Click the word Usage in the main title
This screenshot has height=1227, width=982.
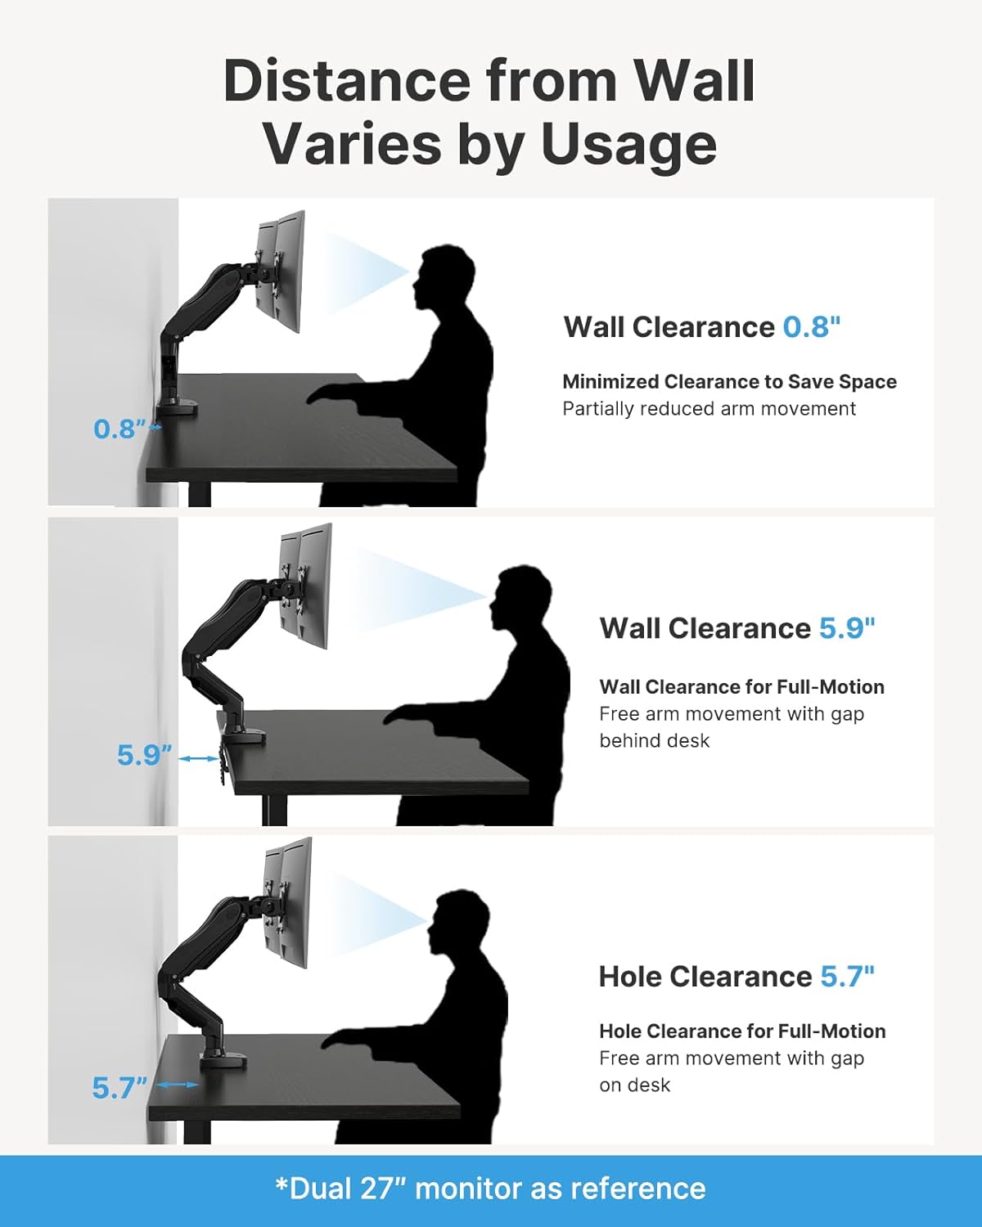628,144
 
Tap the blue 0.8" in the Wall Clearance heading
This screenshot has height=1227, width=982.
811,327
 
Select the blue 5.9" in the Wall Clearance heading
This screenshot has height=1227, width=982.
847,628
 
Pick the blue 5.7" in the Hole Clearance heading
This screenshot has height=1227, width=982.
847,977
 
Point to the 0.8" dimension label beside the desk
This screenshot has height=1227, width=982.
119,429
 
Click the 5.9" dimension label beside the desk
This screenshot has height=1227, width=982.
144,755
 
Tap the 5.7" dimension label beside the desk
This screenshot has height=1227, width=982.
119,1088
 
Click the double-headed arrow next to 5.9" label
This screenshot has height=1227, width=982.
198,759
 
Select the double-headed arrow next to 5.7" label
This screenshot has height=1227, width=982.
177,1085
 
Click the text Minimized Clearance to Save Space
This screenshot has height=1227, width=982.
729,382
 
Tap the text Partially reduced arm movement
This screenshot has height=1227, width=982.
709,409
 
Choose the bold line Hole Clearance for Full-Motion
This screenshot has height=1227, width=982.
742,1031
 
